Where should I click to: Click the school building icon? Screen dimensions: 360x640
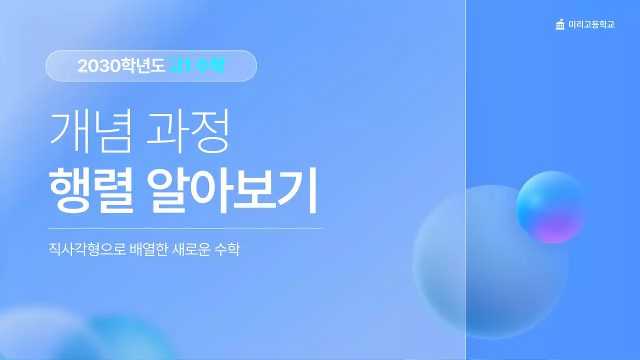tap(560, 24)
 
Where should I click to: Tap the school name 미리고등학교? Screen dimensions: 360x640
tap(591, 24)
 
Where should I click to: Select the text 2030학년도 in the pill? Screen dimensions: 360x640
tap(121, 66)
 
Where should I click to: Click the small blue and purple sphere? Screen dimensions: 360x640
tap(550, 207)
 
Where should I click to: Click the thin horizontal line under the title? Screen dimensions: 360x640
tap(185, 228)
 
